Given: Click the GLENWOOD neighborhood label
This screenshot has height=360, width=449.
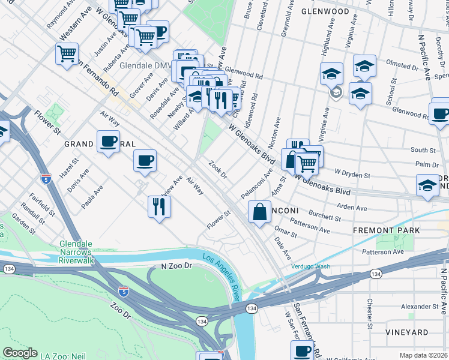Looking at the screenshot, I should pos(325,11).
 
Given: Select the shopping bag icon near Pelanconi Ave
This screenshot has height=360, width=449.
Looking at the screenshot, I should pos(259,212).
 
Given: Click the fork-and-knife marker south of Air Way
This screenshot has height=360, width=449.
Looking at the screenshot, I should pos(159,206).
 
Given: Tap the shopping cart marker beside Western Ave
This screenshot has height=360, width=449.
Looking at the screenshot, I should pos(67,53).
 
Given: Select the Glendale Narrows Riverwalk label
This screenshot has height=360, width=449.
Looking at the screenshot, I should pos(85,248).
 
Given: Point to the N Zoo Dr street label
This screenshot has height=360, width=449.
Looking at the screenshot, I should pos(175,265).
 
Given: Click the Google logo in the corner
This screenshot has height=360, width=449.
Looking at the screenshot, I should pos(20,353).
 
